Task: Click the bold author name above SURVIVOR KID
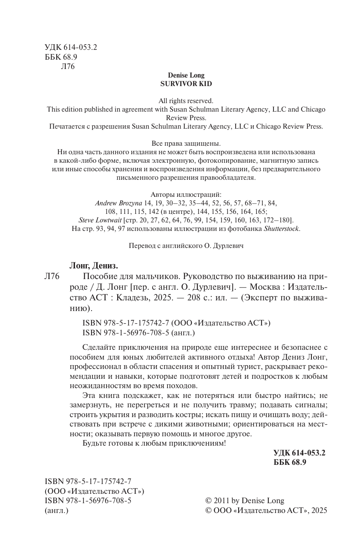tap(186, 75)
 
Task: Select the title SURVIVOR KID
tap(186, 84)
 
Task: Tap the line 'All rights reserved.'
tap(186, 101)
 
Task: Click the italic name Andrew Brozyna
tap(119, 203)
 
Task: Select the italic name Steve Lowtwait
tap(100, 220)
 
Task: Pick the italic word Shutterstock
tap(282, 229)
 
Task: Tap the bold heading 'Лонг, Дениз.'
tap(93, 265)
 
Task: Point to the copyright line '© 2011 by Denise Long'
tap(244, 501)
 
